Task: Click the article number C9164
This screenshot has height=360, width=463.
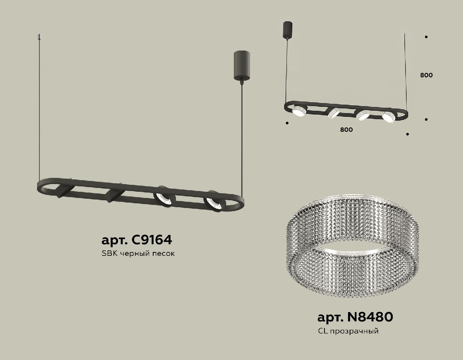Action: pos(136,240)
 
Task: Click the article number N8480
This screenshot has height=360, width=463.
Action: pos(355,317)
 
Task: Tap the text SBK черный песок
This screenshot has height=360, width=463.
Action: pos(138,254)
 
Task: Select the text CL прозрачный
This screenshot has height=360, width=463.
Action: pos(348,331)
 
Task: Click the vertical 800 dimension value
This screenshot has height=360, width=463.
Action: pos(426,75)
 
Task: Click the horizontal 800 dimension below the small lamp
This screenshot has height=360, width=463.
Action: pos(346,130)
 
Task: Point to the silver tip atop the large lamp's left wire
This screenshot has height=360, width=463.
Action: pos(39,37)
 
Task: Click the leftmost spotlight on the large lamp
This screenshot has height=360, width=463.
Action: pos(63,191)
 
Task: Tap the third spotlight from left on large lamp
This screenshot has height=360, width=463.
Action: pos(164,198)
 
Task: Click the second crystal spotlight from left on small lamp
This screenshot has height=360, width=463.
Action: pos(333,113)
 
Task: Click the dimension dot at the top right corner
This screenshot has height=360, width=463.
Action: pos(426,37)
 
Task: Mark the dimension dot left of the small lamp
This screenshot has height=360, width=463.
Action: pos(287,123)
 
